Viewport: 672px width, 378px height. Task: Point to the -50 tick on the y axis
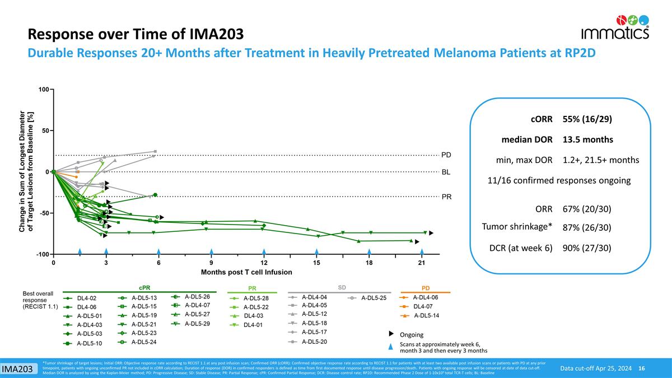[x=43, y=213]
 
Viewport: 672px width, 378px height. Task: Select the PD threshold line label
[x=447, y=155]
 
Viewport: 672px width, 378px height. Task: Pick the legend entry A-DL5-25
[x=374, y=298]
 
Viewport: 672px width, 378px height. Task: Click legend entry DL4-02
[x=87, y=298]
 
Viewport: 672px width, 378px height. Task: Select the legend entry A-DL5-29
[x=197, y=323]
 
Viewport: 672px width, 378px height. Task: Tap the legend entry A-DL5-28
[x=256, y=298]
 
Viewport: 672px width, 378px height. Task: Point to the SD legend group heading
[x=342, y=287]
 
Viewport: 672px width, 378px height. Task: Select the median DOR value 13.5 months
[x=587, y=139]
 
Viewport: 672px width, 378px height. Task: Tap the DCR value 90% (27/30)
[x=586, y=248]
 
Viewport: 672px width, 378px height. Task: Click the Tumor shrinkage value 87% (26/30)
[x=586, y=227]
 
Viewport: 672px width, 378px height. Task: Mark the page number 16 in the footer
[x=642, y=368]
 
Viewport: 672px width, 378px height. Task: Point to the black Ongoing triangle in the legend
[x=392, y=334]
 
